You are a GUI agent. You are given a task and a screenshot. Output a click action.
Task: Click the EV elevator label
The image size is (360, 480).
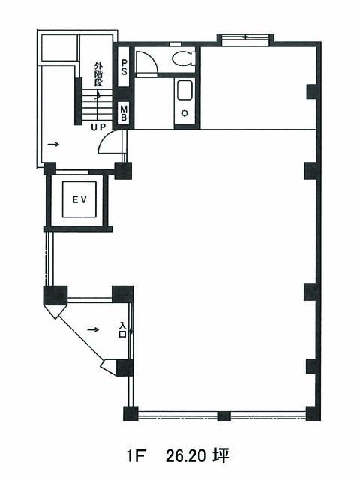pos(79,200)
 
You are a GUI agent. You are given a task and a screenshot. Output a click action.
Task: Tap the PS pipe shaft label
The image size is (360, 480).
pos(124,67)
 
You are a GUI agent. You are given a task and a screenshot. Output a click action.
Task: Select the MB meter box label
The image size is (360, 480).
pos(124,113)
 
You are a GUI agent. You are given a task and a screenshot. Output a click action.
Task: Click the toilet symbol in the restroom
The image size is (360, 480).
pos(183,58)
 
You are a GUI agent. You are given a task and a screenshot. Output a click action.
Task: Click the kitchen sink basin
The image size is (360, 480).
pos(184,90)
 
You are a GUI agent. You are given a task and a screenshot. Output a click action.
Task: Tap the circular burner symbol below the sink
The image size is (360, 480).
pos(184,113)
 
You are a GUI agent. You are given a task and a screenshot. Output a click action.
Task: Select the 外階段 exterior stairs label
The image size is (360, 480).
pos(98,74)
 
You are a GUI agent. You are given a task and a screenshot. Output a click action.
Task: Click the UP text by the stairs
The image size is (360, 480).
pos(98,127)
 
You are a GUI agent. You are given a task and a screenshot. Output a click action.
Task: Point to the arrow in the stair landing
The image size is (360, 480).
pos(53,144)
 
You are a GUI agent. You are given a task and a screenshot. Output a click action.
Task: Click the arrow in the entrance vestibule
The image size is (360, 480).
pos(93,329)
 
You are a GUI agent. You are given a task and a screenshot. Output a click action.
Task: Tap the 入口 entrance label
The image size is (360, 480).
pos(123,329)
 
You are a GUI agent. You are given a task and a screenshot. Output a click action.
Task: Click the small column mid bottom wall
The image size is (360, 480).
pos(224,415)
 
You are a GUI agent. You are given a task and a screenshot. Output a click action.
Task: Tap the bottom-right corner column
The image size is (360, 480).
pos(313,413)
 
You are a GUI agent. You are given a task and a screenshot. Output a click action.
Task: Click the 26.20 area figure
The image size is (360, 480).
pos(185,457)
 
